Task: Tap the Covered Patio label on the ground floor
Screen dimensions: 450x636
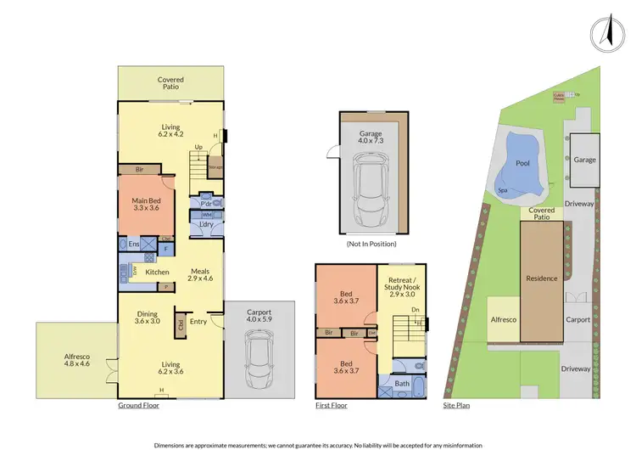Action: [170, 83]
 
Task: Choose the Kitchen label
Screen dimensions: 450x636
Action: [157, 272]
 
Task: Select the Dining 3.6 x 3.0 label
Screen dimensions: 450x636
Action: [148, 317]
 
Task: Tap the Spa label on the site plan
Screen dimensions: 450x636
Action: [503, 190]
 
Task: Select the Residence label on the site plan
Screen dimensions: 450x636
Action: [541, 278]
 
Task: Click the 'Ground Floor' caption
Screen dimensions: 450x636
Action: [138, 406]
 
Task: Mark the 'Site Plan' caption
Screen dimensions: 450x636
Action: [459, 406]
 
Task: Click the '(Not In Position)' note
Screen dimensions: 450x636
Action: [366, 245]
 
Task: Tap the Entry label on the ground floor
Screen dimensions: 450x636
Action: [198, 321]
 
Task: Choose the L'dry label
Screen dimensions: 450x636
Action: [206, 224]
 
